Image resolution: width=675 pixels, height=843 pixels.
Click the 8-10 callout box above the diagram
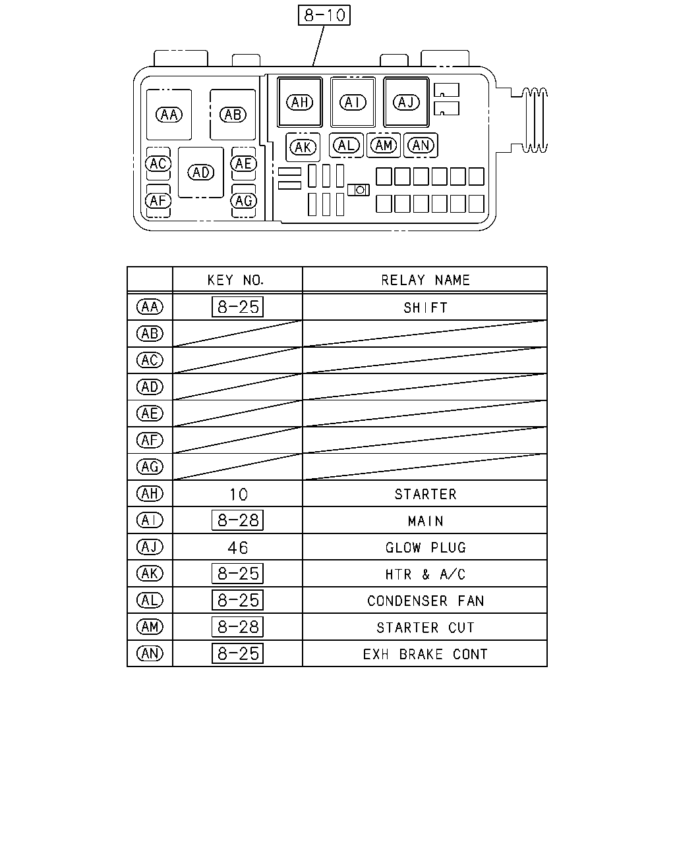pos(324,15)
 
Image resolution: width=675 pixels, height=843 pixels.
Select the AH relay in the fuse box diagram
pos(300,102)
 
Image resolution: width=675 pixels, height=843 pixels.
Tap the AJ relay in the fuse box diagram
pos(406,102)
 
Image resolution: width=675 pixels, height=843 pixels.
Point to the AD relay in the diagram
pos(201,173)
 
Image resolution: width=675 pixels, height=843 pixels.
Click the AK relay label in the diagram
pos(303,148)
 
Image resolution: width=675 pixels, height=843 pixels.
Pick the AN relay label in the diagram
pos(421,146)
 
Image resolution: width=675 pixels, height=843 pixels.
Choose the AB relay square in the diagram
pos(233,115)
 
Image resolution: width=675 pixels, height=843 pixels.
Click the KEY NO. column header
pos(235,280)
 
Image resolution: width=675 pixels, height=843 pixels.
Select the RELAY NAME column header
pos(425,280)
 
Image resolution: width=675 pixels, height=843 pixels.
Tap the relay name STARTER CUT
pos(425,628)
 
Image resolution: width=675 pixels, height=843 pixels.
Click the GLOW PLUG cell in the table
pos(425,547)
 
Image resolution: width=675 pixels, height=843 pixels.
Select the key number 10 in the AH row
pos(239,495)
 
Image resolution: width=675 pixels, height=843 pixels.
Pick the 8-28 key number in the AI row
pos(238,520)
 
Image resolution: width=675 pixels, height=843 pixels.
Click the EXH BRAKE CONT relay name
pos(425,654)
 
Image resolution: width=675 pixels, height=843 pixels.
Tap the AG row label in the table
pos(150,466)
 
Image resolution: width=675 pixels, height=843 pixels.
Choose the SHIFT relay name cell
pos(425,308)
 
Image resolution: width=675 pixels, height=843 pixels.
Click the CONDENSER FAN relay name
pos(425,601)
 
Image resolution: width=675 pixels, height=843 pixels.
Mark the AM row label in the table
pos(150,627)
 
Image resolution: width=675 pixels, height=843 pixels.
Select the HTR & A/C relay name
pos(425,574)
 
